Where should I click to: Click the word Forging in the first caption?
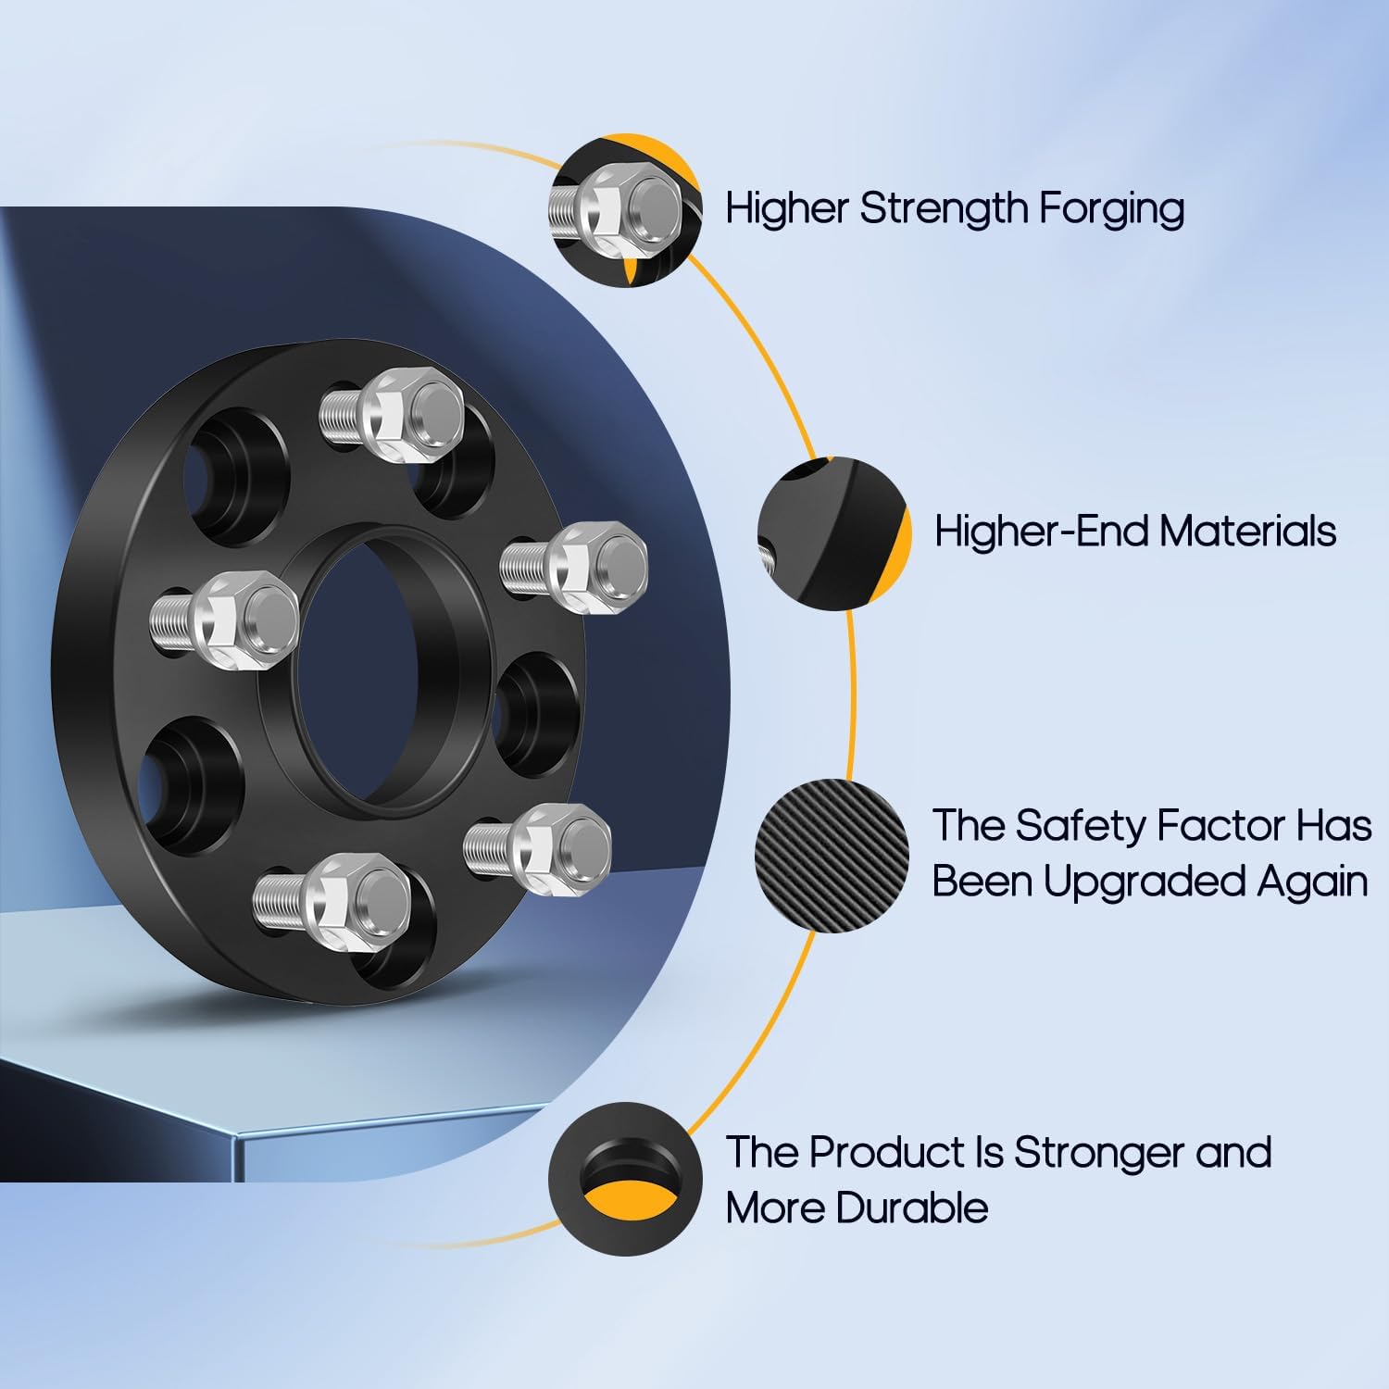click(x=1110, y=209)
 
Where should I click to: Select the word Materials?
click(x=1247, y=532)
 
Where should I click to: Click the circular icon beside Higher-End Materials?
click(x=833, y=533)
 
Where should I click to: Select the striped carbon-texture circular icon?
click(x=832, y=855)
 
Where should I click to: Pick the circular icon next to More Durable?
click(x=625, y=1179)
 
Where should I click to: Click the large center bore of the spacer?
click(x=370, y=667)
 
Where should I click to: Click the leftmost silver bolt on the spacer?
click(x=226, y=618)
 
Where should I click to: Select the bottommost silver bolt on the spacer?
click(x=333, y=895)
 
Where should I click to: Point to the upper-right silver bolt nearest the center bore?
click(x=575, y=565)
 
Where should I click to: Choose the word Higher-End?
click(x=1041, y=532)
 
